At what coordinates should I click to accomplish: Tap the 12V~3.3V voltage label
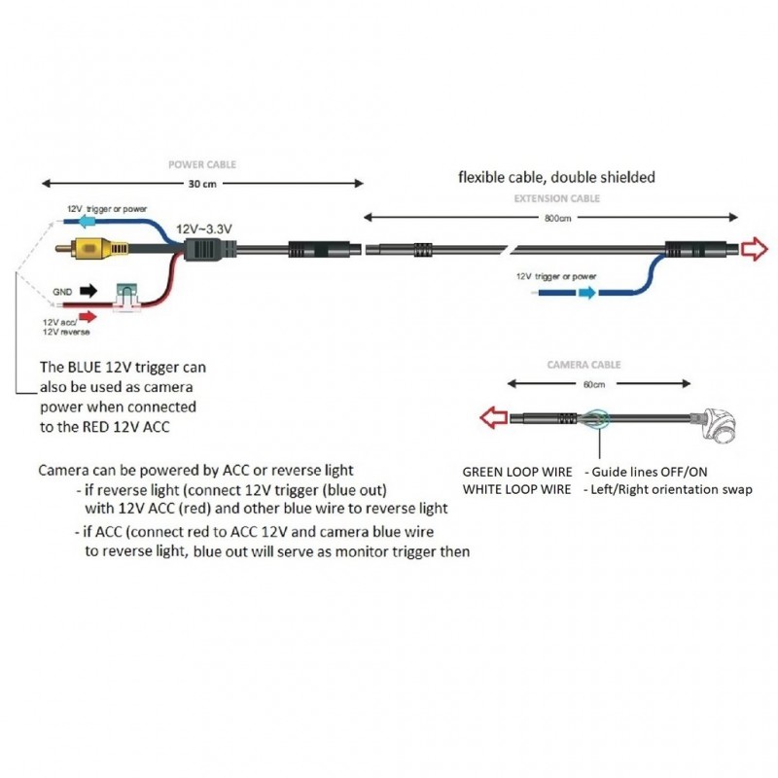tap(204, 228)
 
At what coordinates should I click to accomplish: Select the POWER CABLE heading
tap(202, 165)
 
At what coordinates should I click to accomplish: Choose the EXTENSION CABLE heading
tap(556, 198)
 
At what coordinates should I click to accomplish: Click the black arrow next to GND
tap(89, 290)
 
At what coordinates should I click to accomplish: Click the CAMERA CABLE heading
tap(583, 365)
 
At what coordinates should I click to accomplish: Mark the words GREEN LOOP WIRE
tap(515, 472)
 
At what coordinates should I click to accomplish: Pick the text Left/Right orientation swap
tap(670, 489)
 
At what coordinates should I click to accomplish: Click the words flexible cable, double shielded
tap(556, 177)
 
